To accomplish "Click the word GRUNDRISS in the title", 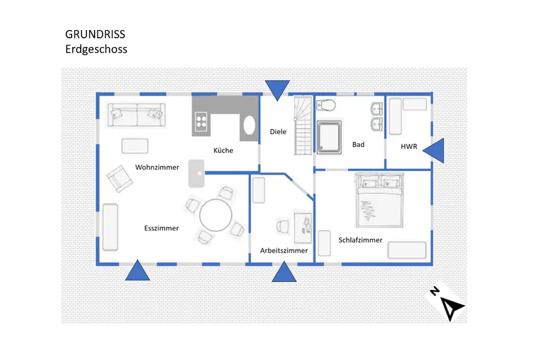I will click(x=95, y=34).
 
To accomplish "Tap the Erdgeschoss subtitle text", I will click(x=96, y=49).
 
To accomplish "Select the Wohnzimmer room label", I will click(x=157, y=167).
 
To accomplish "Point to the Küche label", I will click(x=223, y=150).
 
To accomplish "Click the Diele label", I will click(x=278, y=132).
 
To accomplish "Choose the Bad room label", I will click(x=358, y=145).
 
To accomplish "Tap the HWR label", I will click(x=409, y=147).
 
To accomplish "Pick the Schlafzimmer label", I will click(x=360, y=240).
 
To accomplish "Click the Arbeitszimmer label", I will click(x=284, y=251).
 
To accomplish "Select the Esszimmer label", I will click(x=161, y=228).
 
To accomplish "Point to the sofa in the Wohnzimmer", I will click(x=136, y=115).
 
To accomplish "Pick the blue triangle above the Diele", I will click(x=277, y=89).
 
